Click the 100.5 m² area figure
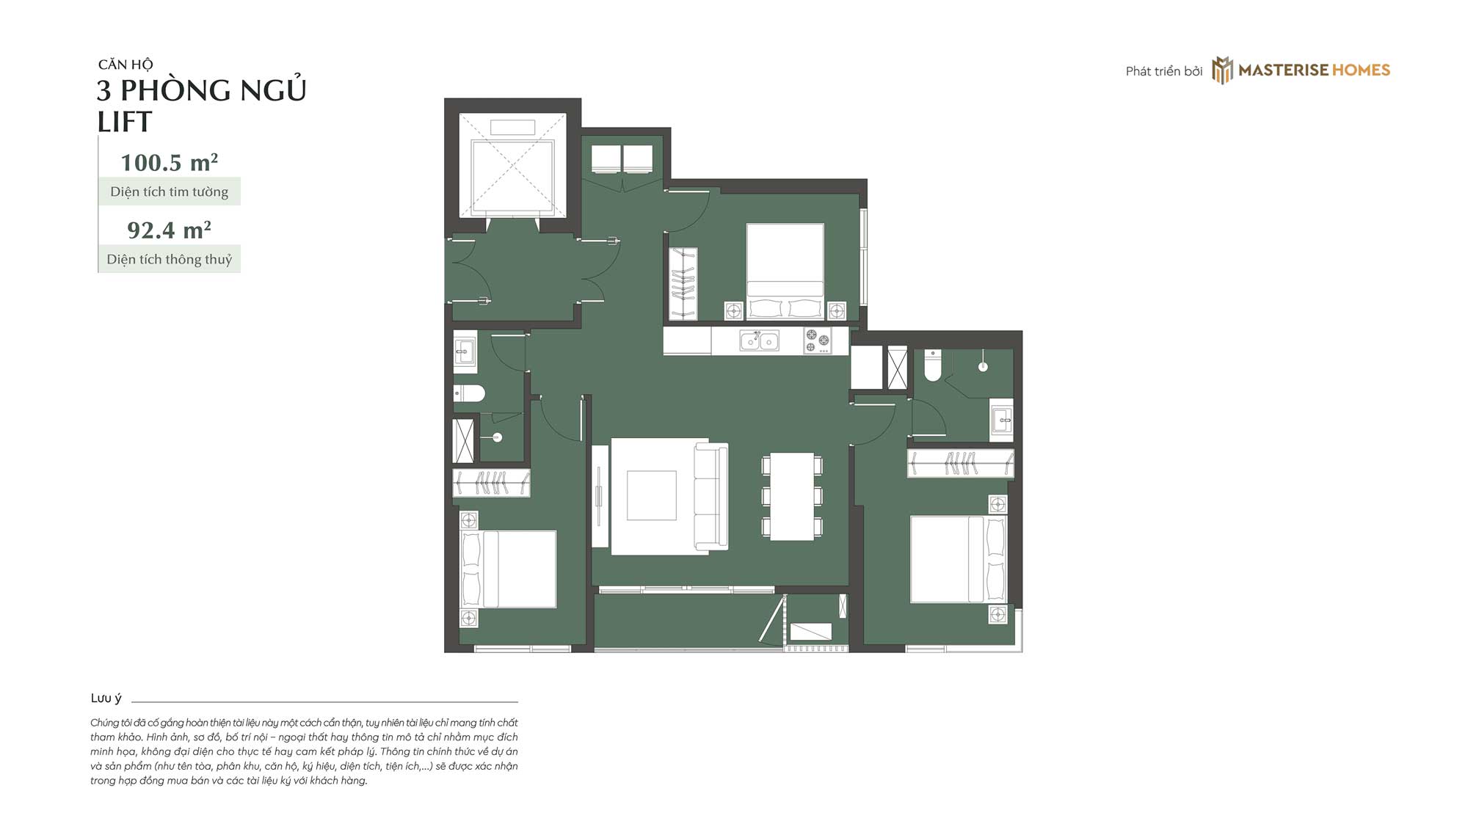(x=169, y=162)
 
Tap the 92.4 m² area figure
(x=169, y=230)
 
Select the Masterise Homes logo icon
(x=1222, y=70)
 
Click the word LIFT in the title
(x=125, y=122)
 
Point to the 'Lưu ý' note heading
(x=106, y=698)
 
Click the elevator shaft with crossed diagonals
(x=512, y=165)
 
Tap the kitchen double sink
(x=759, y=340)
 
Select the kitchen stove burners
(x=818, y=340)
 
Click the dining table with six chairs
(x=792, y=496)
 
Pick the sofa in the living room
(x=711, y=496)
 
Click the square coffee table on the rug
(x=651, y=496)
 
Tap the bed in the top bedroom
(x=785, y=271)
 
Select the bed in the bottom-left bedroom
(x=508, y=569)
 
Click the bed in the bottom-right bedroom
(x=959, y=559)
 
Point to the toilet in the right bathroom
(x=932, y=365)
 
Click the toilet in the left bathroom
(x=469, y=394)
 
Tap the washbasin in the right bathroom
(x=1001, y=420)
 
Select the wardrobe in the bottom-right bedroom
(x=961, y=464)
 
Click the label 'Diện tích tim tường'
(x=170, y=192)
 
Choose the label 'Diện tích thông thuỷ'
(x=170, y=259)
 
